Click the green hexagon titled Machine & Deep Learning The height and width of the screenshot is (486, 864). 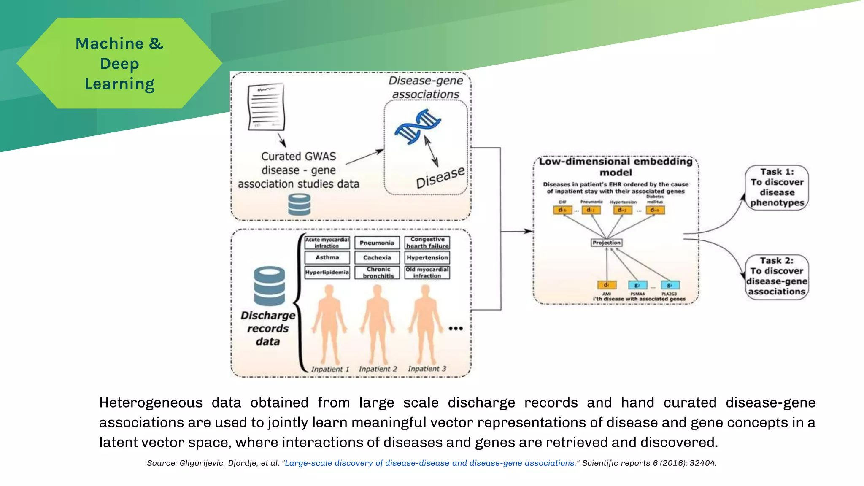(x=119, y=63)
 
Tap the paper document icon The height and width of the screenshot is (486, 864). (x=266, y=107)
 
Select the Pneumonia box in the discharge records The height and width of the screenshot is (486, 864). (x=377, y=243)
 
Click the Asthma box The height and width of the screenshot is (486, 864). (x=327, y=257)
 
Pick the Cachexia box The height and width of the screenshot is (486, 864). (x=377, y=257)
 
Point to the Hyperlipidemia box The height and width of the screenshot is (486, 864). (x=327, y=272)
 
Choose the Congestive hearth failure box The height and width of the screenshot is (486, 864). (x=427, y=243)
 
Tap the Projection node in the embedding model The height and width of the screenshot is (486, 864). (x=606, y=243)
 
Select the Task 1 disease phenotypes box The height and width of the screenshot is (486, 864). (x=777, y=187)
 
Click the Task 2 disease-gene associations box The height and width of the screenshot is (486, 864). (x=777, y=277)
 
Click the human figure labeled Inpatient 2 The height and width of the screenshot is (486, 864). (x=377, y=323)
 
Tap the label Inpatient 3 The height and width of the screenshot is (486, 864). (x=427, y=369)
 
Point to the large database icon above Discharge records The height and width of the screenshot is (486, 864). (x=269, y=286)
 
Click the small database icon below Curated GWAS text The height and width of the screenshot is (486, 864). (x=299, y=205)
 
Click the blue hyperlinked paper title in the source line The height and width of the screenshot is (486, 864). (x=430, y=463)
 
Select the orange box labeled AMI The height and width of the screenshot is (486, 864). (x=607, y=285)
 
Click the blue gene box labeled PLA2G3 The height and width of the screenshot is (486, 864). (x=670, y=285)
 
